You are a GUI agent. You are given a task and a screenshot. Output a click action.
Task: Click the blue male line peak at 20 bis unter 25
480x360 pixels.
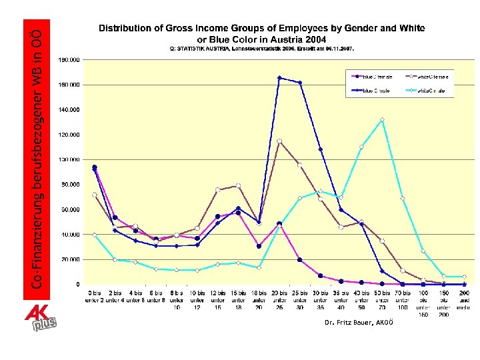click(x=279, y=77)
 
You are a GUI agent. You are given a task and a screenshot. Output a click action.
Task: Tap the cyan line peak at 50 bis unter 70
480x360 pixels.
click(x=382, y=120)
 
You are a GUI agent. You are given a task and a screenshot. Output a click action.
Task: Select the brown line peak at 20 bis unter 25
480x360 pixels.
click(x=279, y=141)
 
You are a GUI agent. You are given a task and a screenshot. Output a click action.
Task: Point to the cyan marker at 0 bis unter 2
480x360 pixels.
click(x=95, y=235)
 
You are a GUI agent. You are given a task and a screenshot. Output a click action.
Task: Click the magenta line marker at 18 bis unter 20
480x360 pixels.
click(x=259, y=246)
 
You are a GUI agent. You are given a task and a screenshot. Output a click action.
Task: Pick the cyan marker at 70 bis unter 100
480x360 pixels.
click(x=403, y=198)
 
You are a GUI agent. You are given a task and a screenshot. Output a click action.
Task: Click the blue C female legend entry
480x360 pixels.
click(x=375, y=77)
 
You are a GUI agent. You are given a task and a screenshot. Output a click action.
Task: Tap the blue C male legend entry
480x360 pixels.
click(x=375, y=90)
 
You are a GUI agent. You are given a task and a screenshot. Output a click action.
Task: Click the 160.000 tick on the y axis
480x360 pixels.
click(x=69, y=85)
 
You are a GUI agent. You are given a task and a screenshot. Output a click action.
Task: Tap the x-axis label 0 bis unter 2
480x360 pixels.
click(x=95, y=295)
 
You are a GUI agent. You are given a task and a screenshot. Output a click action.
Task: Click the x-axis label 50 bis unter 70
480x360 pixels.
click(x=382, y=295)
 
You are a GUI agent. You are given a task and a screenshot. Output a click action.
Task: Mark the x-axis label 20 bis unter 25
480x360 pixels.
click(x=279, y=295)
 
